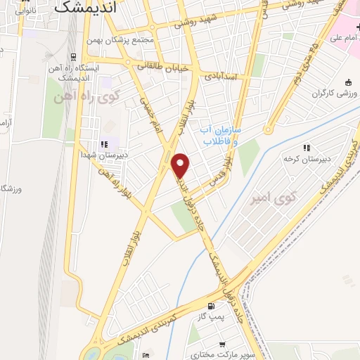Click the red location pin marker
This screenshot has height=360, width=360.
[x=181, y=166]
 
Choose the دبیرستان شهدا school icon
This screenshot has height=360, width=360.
[x=105, y=144]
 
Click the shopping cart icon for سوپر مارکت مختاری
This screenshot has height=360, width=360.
[x=222, y=345]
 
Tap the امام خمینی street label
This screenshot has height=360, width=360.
[x=149, y=112]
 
